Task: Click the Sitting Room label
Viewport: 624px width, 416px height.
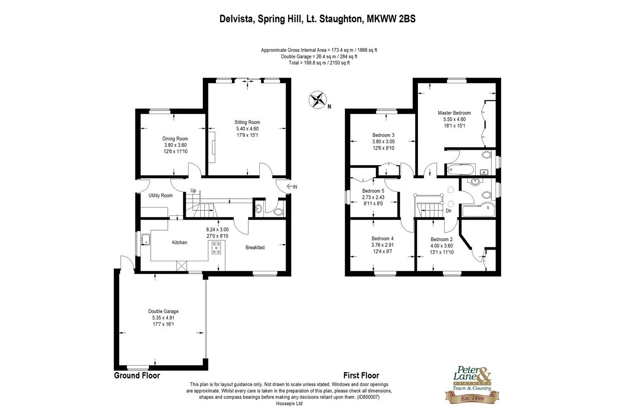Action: pos(247,122)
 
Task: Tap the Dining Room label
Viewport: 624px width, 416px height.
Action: pos(175,139)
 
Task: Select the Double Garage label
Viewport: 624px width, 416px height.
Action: pos(163,312)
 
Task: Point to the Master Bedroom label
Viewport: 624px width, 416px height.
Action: pos(454,113)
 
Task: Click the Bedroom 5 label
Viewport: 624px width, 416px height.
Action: pos(373,191)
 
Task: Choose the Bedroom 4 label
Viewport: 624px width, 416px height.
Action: pos(382,239)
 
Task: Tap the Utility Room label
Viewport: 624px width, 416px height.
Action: pos(160,196)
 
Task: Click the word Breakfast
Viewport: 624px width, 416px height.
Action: pos(255,248)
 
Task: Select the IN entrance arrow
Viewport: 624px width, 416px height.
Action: pos(292,187)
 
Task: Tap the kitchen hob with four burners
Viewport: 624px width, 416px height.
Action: pos(216,248)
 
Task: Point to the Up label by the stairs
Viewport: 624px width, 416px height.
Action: pos(193,190)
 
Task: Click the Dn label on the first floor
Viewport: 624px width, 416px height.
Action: pos(448,211)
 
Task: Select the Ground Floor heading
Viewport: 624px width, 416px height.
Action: pos(137,375)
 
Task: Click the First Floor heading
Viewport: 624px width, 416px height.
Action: pos(361,375)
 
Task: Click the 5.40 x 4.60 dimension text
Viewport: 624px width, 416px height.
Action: pos(247,129)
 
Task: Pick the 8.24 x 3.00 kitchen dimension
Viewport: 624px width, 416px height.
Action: pos(217,230)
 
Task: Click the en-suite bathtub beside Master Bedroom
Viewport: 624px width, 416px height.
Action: pos(460,169)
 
